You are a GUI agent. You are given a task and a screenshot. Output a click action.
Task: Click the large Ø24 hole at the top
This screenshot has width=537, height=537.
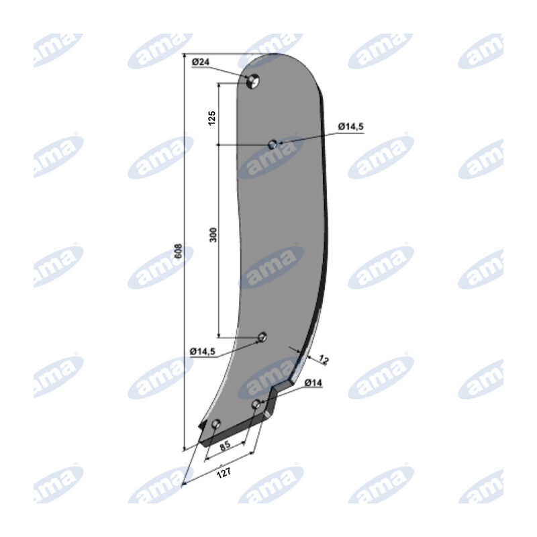pyautogui.click(x=253, y=81)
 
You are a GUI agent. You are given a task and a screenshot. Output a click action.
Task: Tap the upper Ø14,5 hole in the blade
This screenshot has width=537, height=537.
pyautogui.click(x=273, y=144)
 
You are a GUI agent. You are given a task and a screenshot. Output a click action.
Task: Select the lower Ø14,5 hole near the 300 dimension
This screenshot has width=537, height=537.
pyautogui.click(x=262, y=337)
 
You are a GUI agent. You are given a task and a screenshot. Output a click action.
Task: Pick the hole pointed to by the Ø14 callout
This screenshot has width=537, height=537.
pyautogui.click(x=256, y=404)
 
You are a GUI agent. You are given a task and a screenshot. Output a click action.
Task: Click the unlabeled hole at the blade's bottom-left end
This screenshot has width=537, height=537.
pyautogui.click(x=215, y=424)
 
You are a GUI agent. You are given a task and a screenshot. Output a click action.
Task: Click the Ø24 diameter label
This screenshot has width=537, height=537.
pyautogui.click(x=201, y=62)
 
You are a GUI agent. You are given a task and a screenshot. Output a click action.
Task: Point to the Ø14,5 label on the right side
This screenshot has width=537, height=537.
pyautogui.click(x=350, y=127)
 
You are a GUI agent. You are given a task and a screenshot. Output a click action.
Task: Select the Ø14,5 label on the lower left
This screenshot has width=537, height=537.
pyautogui.click(x=203, y=351)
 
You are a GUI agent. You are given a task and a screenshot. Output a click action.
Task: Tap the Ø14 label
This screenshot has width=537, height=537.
pyautogui.click(x=313, y=383)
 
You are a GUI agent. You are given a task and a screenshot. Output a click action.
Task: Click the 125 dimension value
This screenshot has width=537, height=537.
pyautogui.click(x=212, y=118)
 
